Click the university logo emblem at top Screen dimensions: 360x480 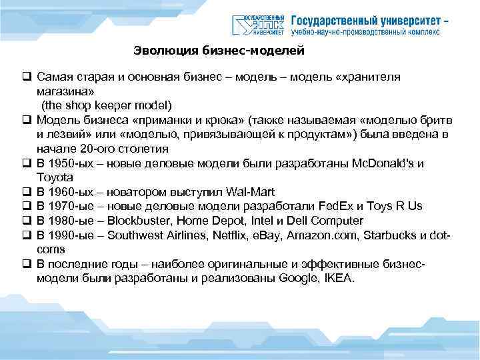pyautogui.click(x=259, y=25)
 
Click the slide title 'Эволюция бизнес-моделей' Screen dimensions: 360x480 pyautogui.click(x=219, y=50)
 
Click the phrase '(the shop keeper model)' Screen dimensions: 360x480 pyautogui.click(x=107, y=105)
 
